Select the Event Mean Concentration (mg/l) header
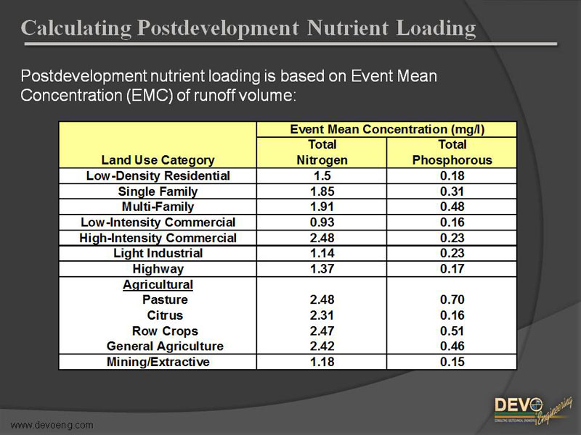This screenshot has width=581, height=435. click(386, 130)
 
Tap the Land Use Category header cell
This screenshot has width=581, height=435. click(158, 160)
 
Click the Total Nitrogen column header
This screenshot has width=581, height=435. click(322, 152)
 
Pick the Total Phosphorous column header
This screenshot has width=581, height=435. click(452, 152)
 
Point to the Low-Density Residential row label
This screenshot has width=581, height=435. click(158, 176)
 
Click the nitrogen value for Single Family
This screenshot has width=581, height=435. click(322, 192)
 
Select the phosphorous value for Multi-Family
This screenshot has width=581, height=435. click(452, 207)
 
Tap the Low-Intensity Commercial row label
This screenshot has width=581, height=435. click(158, 223)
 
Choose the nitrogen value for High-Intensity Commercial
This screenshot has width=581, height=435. click(322, 238)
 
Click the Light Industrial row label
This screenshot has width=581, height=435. click(158, 254)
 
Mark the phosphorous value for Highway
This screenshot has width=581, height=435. click(452, 269)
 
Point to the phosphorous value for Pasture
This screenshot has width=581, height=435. click(452, 300)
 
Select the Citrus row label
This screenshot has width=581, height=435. click(165, 315)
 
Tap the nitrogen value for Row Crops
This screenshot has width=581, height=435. click(322, 331)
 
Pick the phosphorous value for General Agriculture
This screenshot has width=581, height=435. click(452, 347)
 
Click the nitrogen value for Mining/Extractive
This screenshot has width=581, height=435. click(322, 362)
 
